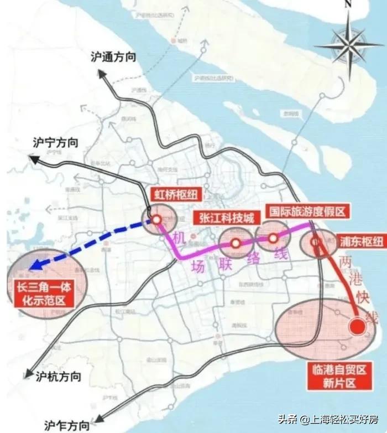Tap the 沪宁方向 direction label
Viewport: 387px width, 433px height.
point(56,143)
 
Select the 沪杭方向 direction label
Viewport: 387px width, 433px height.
point(58,377)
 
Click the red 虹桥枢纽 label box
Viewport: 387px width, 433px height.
point(177,194)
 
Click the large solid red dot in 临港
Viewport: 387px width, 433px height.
point(357,326)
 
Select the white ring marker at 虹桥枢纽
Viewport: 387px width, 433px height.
point(157,220)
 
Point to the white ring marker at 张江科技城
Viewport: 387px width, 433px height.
point(236,243)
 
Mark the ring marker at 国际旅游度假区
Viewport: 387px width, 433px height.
point(273,238)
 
